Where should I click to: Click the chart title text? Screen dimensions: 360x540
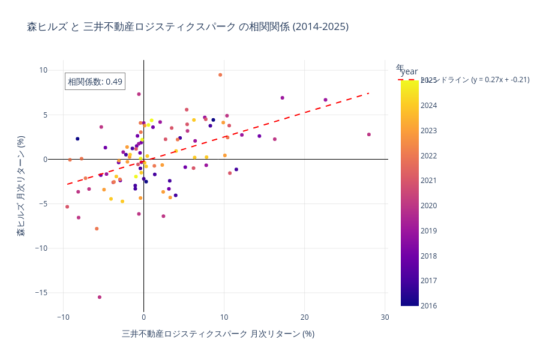click(187, 27)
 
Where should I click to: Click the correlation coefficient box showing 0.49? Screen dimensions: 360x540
click(95, 82)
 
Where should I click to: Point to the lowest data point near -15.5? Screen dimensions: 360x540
click(100, 297)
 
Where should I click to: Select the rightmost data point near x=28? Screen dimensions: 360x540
click(369, 134)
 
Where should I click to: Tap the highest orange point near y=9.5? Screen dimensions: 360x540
click(220, 75)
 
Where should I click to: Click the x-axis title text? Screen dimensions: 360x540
click(218, 334)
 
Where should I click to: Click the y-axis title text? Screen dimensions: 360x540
click(21, 185)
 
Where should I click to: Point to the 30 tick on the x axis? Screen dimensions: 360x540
click(385, 317)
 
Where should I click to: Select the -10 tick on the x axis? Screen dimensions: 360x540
click(63, 317)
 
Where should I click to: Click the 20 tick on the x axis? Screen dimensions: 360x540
click(304, 317)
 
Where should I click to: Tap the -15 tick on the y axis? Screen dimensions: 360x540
click(39, 293)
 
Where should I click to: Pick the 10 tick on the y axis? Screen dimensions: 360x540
click(43, 70)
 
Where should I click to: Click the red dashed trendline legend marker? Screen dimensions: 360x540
click(408, 80)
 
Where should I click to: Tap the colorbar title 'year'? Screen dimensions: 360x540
click(409, 72)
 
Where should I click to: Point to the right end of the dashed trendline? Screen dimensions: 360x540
click(369, 93)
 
